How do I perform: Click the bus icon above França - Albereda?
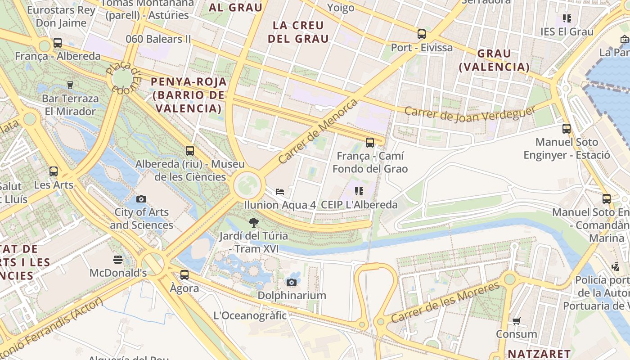(x=58, y=43)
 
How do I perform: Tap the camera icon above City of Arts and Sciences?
(x=141, y=199)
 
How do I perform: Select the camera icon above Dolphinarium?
(x=292, y=282)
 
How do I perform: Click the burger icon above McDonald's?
(x=118, y=259)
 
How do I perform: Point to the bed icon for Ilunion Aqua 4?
(x=280, y=191)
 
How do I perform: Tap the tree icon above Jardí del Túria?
(x=254, y=222)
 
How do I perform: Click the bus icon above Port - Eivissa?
(x=422, y=34)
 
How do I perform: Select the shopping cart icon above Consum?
(x=516, y=321)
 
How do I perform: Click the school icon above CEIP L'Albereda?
(x=359, y=191)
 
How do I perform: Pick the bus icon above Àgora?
(x=184, y=274)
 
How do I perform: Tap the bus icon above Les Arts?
(x=54, y=171)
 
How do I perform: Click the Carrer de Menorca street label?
(x=318, y=131)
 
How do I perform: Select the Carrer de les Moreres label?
(x=445, y=302)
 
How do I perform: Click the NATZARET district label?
(x=539, y=354)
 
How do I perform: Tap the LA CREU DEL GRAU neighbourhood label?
(x=298, y=32)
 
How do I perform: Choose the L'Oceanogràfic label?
(x=250, y=315)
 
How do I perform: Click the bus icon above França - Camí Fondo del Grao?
(x=370, y=143)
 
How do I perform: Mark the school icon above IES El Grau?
(x=567, y=18)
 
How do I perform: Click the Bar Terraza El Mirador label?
(x=70, y=105)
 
